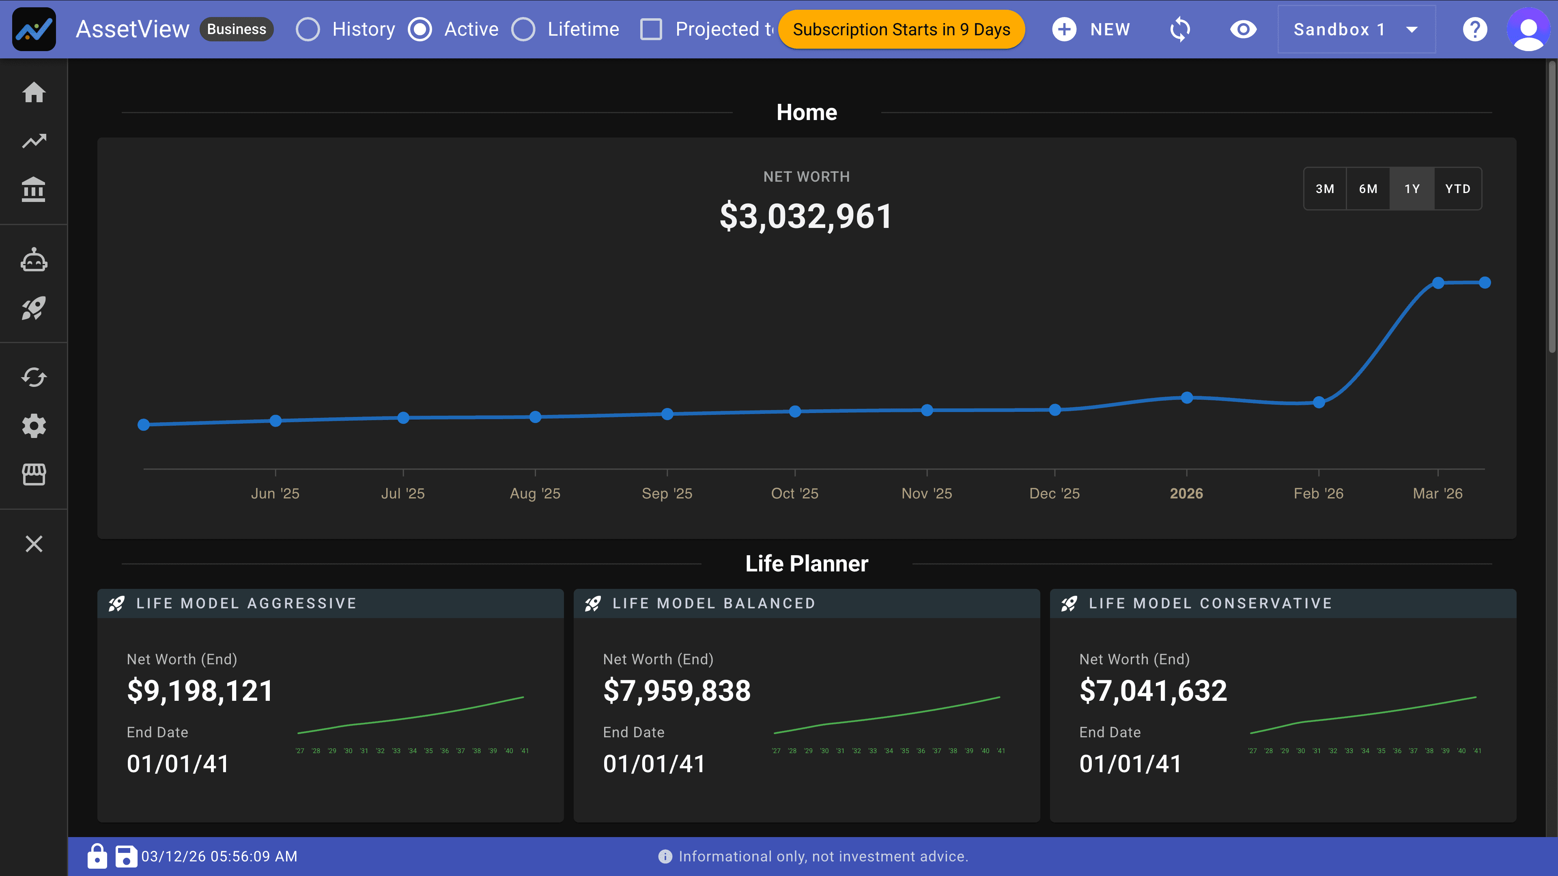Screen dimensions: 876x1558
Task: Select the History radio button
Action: coord(308,29)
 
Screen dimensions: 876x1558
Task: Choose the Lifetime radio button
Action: coord(523,29)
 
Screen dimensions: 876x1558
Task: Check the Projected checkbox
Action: coord(651,29)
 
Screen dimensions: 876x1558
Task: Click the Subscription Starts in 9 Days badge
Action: coord(901,29)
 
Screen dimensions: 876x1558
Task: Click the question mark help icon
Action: coord(1474,29)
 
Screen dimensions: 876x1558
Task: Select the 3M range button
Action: coord(1325,189)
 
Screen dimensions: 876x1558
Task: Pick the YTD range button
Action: coord(1457,189)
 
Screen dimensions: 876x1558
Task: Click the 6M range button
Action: coord(1368,189)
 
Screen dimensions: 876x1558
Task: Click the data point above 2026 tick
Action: coord(1187,397)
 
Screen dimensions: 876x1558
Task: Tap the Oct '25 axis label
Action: coord(794,493)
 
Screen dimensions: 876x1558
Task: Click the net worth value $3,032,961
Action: coord(806,216)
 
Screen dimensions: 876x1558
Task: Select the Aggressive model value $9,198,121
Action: coord(200,690)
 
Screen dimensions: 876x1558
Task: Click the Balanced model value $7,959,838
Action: coord(677,690)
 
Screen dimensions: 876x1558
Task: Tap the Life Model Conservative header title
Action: coord(1210,603)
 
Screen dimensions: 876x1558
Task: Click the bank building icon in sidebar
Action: coord(34,190)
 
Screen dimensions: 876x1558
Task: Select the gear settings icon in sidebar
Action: coord(34,425)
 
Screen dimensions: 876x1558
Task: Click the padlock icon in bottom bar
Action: coord(97,856)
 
